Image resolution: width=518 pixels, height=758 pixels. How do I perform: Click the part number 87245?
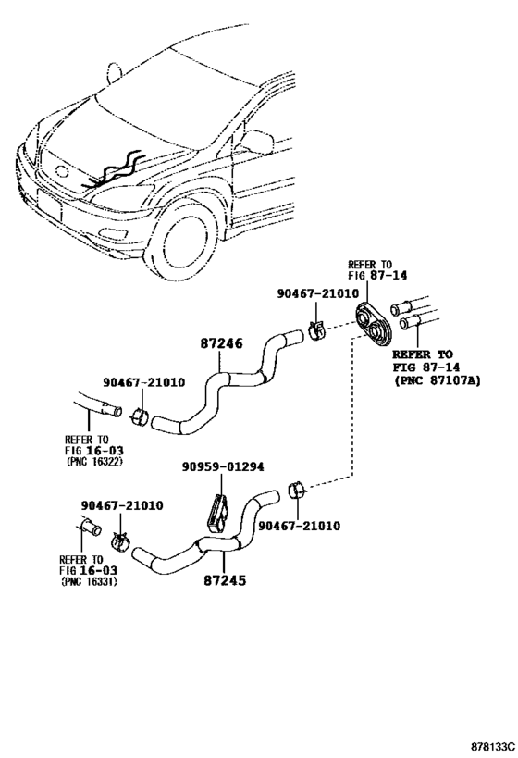(224, 580)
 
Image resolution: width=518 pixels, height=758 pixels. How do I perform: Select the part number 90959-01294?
(223, 467)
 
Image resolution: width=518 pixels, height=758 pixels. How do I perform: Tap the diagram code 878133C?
(493, 746)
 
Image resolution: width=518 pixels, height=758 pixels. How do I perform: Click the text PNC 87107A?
(438, 381)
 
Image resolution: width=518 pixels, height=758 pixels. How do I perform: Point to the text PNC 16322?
(94, 461)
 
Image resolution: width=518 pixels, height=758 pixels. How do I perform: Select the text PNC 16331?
(90, 581)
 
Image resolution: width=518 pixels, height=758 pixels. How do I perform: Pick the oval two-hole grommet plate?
(373, 323)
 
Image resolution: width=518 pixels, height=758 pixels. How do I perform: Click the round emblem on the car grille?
(62, 171)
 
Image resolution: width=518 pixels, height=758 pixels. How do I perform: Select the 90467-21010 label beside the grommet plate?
(318, 293)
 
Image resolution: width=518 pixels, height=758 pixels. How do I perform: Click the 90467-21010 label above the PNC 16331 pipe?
(122, 505)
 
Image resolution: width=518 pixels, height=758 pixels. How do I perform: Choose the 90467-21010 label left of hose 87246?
(143, 382)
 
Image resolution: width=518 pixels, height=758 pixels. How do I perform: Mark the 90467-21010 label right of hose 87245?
(299, 526)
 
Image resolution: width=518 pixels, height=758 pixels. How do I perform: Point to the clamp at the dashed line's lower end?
(296, 490)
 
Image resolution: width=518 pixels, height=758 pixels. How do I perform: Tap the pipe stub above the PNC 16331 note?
(91, 527)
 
